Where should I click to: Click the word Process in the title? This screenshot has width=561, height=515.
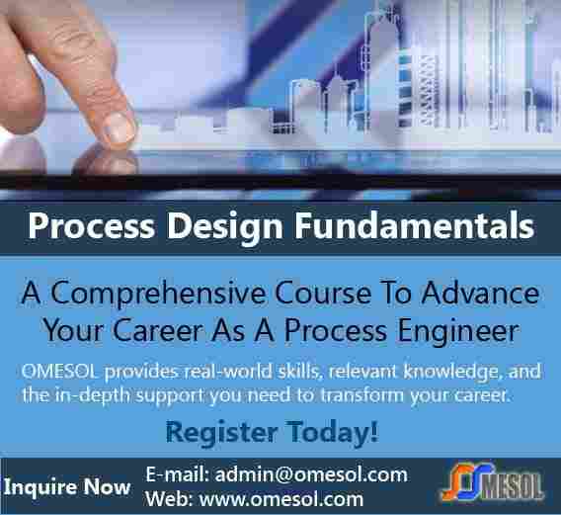(x=92, y=226)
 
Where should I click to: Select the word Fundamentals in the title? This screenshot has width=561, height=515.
(x=414, y=225)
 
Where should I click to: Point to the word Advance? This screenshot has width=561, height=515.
(x=480, y=294)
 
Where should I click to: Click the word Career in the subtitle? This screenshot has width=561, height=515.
(x=158, y=330)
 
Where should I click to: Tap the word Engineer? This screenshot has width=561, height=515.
(x=458, y=331)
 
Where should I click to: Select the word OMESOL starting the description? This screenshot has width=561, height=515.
(x=59, y=372)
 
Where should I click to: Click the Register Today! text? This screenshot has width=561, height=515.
(x=272, y=433)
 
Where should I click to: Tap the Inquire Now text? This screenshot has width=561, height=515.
(x=67, y=487)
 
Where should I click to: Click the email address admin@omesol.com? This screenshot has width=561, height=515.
(x=311, y=474)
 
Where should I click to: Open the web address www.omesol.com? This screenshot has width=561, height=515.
(x=281, y=499)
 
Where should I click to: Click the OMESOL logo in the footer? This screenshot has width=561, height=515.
(x=493, y=482)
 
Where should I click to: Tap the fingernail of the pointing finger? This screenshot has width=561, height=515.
(x=120, y=128)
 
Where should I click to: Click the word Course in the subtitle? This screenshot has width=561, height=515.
(x=323, y=294)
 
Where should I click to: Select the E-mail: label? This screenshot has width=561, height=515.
(x=178, y=474)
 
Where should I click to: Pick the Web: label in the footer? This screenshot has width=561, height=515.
(x=169, y=499)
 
